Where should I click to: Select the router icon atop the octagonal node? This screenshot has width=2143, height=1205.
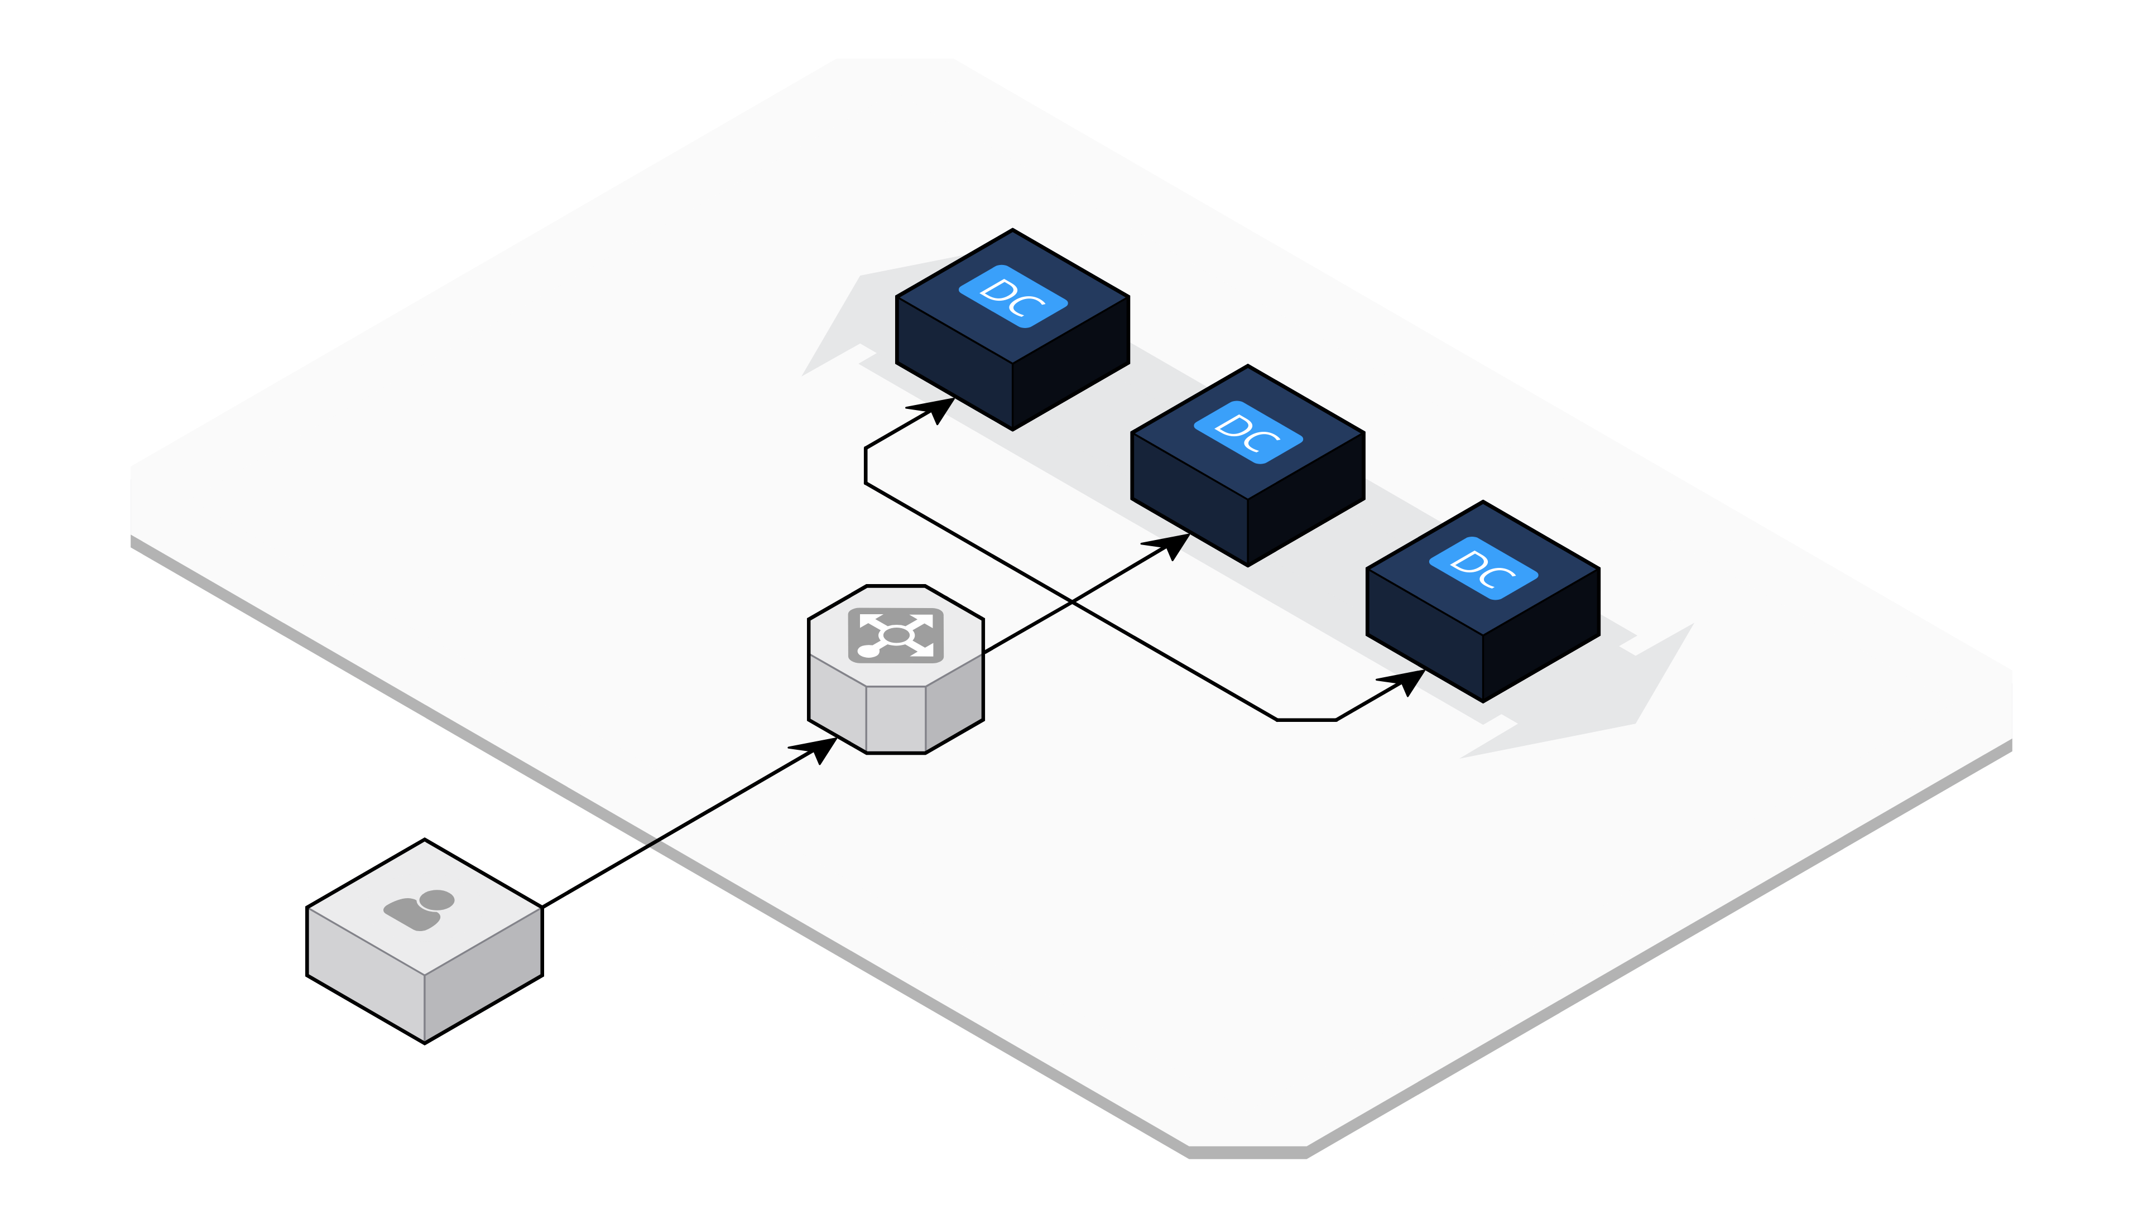coord(895,635)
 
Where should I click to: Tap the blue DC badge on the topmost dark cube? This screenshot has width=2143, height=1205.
coord(1012,296)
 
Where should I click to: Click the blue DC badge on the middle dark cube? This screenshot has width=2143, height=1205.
coord(1248,432)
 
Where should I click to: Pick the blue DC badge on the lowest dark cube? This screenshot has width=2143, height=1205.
coord(1483,568)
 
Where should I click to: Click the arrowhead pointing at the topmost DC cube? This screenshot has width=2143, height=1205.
coord(938,408)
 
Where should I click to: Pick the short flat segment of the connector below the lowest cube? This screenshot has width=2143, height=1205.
coord(1306,719)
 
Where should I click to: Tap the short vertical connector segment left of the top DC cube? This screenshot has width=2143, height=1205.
coord(866,466)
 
